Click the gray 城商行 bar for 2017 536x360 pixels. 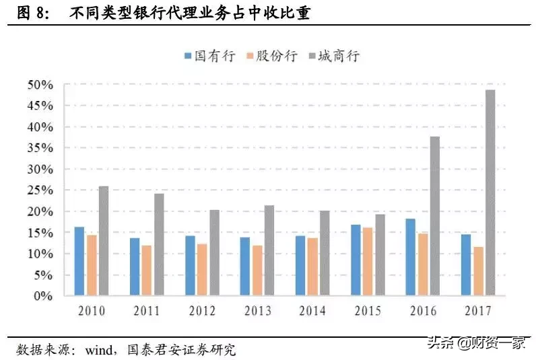click(x=490, y=192)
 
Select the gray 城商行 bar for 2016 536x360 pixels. click(x=434, y=215)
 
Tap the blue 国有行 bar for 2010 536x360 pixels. click(x=79, y=261)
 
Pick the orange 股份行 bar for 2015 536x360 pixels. click(x=368, y=262)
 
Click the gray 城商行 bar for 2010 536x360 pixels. click(x=103, y=241)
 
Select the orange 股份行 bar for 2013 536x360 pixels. click(x=257, y=271)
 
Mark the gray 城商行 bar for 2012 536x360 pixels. click(x=213, y=252)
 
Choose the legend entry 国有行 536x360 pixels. click(x=209, y=57)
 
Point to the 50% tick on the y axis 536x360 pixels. click(x=40, y=85)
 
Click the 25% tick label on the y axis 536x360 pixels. click(x=40, y=190)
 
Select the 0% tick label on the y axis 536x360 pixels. click(x=43, y=296)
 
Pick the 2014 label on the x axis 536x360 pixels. click(x=311, y=311)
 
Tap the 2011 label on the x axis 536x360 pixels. click(x=146, y=311)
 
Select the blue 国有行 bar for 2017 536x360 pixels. click(x=466, y=265)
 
